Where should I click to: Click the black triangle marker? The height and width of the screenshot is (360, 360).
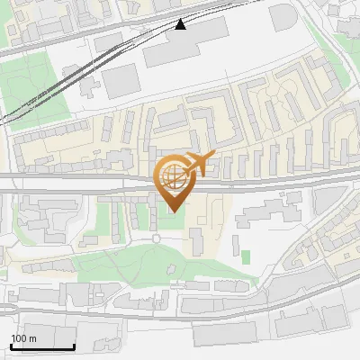181,24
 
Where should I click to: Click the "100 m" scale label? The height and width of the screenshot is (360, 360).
23,338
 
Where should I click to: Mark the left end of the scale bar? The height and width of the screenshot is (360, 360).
11,346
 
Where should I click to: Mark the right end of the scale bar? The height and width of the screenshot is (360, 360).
74,346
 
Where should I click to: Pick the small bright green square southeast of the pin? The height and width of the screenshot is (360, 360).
246,257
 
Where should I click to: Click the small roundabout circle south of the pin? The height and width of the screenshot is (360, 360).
156,238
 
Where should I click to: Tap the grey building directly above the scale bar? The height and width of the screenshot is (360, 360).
40,331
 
